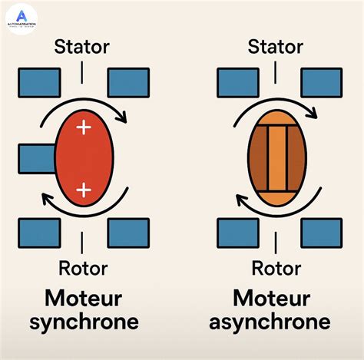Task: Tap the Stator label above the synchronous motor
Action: pos(81,48)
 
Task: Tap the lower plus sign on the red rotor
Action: pos(84,189)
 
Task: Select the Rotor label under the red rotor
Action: pos(83,269)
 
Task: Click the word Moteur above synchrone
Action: pos(83,297)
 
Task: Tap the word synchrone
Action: pos(83,322)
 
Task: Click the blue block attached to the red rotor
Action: pos(35,159)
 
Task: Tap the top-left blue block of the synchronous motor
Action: pos(38,83)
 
